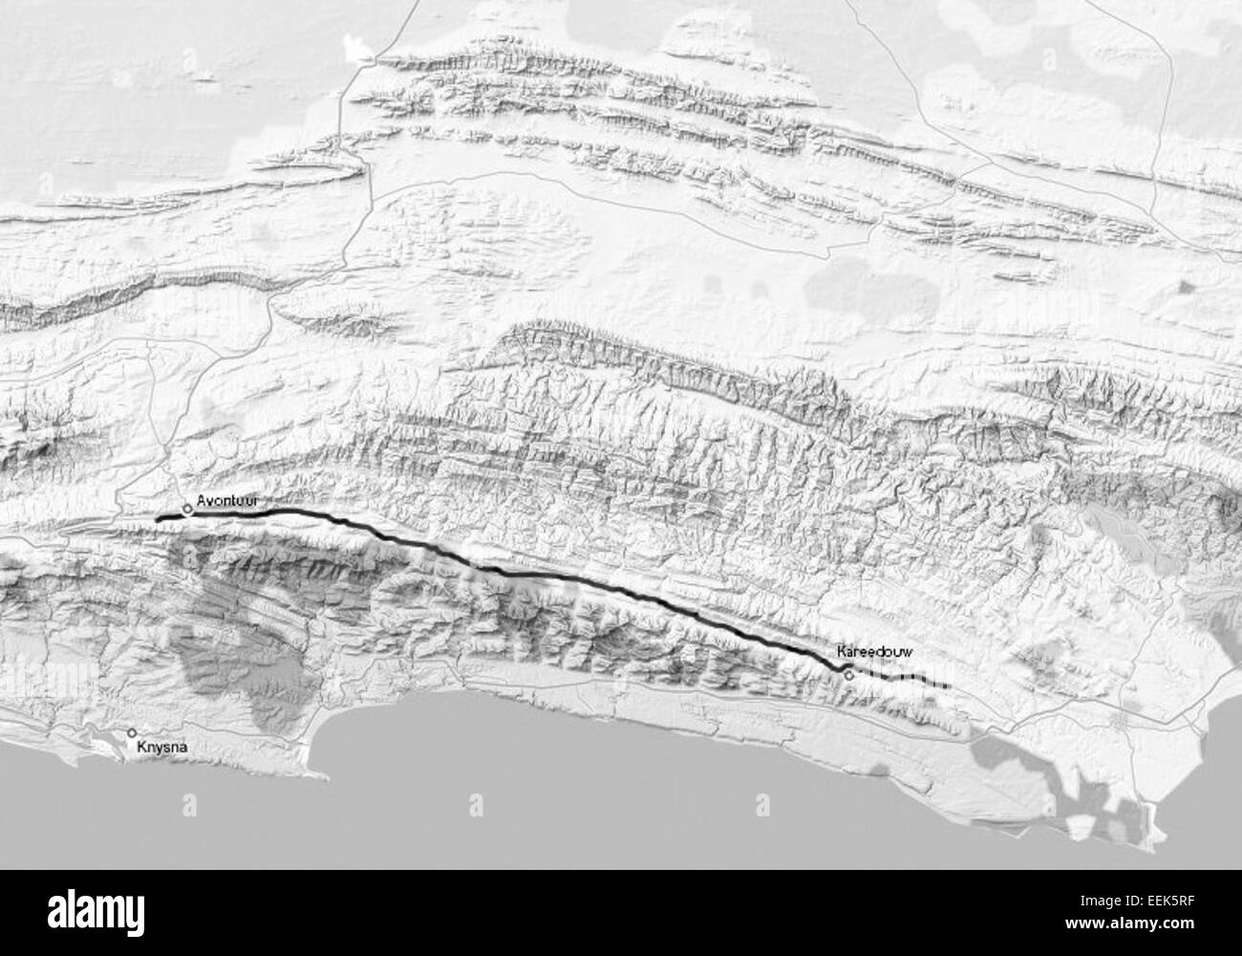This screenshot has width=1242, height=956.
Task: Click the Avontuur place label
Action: (x=227, y=500)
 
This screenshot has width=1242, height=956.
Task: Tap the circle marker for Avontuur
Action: (x=188, y=510)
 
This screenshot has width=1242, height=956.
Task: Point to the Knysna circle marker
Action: (x=132, y=733)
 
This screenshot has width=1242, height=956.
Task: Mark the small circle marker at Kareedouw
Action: (x=848, y=675)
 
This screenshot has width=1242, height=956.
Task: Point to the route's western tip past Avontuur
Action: (x=158, y=518)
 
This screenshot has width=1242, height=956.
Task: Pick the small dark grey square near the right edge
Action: (x=1185, y=286)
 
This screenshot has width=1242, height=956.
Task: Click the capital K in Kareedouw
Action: (x=841, y=651)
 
